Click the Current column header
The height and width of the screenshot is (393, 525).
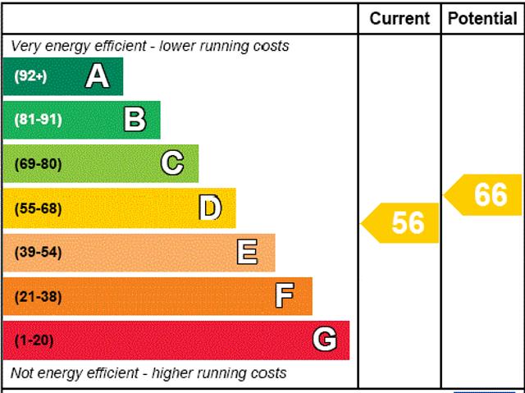coord(399,18)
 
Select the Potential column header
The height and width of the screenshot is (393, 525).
coord(482,18)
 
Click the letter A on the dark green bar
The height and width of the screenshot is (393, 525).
coord(97,76)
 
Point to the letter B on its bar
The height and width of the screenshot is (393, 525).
coord(135,121)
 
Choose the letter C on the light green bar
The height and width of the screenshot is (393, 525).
coord(172,163)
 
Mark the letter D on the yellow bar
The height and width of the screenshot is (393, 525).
coord(210,208)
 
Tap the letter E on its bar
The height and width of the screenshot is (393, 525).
coord(247,252)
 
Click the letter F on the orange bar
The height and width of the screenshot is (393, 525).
coord(285,296)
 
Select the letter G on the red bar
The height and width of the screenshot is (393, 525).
coord(325,340)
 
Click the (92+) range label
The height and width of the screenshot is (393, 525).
coord(31,76)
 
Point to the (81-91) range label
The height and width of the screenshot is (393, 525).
coord(38,121)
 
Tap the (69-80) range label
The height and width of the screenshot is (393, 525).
coord(38,164)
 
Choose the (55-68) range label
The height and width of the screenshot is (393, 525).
coord(38,208)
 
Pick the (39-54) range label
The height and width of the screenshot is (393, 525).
coord(38,253)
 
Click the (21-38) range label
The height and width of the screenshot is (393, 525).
coord(38,296)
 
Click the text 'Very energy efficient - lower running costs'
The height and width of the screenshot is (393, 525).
coord(149,46)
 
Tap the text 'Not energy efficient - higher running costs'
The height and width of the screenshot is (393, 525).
coord(148,373)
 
